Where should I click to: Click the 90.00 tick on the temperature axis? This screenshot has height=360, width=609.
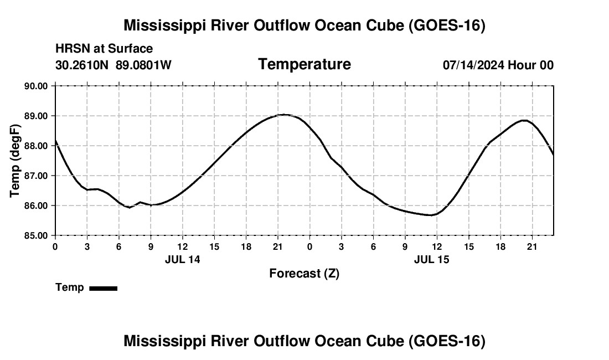[36, 86]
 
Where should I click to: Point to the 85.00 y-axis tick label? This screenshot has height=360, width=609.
[36, 235]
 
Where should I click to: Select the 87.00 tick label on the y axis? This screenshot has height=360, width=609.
[36, 176]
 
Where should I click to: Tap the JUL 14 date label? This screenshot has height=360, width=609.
[183, 259]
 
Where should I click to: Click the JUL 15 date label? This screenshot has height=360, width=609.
[431, 259]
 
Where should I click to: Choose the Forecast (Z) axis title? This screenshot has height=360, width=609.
[304, 274]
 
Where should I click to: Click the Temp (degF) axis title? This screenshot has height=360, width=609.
[15, 161]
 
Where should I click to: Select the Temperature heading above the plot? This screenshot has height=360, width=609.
[304, 64]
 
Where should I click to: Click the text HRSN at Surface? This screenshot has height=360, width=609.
[104, 49]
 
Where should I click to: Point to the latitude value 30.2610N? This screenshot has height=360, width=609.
[82, 65]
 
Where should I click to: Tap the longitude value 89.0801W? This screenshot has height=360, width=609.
[143, 65]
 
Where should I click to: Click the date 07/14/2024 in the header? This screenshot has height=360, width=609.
[473, 65]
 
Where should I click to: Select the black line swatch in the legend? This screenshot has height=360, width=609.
[104, 288]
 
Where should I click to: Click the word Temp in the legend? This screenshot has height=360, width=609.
[70, 287]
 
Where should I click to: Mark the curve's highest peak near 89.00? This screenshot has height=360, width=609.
[285, 115]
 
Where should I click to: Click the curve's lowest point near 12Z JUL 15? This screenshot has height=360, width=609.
[431, 215]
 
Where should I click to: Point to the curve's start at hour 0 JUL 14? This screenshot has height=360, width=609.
[55, 141]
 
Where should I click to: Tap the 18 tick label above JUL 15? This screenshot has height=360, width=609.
[500, 247]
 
